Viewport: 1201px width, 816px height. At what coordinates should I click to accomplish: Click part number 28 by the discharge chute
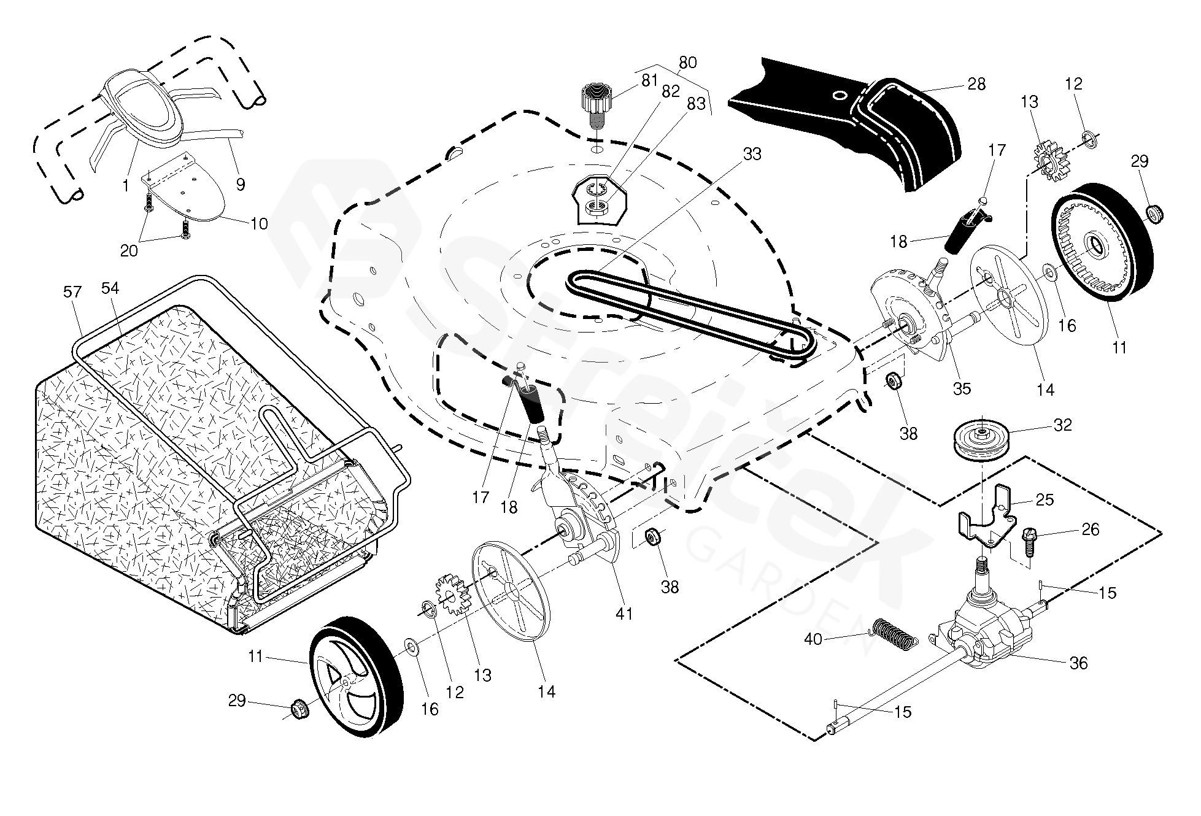click(976, 84)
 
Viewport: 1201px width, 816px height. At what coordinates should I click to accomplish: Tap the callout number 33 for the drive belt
click(752, 154)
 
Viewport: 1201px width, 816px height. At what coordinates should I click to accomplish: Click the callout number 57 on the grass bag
click(72, 292)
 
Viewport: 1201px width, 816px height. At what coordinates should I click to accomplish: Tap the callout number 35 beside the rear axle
click(962, 388)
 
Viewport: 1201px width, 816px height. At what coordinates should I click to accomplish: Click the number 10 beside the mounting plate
click(260, 224)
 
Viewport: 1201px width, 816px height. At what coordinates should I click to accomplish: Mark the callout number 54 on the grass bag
click(110, 288)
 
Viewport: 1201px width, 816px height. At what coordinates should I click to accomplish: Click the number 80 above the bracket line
click(688, 63)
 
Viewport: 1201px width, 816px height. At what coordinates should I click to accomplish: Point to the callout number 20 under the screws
click(129, 250)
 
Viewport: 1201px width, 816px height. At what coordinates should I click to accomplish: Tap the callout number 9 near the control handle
click(241, 184)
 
